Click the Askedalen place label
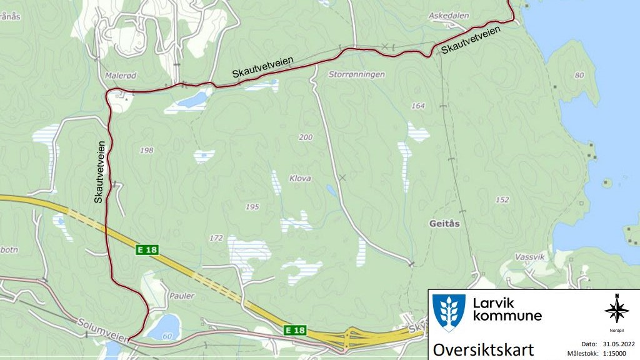[x=449, y=15]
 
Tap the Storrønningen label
[x=356, y=74]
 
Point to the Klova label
[x=300, y=179]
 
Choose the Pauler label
[x=182, y=296]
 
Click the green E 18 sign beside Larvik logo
[x=295, y=329]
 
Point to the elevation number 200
[x=306, y=137]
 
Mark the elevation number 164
[x=417, y=106]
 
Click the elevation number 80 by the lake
[x=579, y=76]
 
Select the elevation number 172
[x=216, y=238]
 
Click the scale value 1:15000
[x=619, y=353]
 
